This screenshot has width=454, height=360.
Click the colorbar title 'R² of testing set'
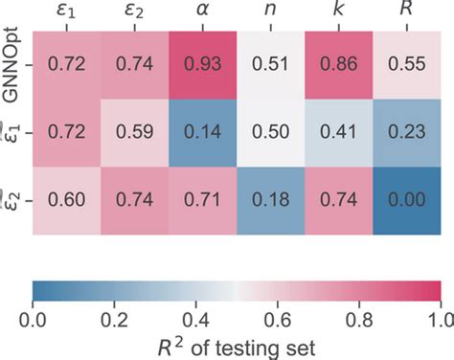point(237,342)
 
